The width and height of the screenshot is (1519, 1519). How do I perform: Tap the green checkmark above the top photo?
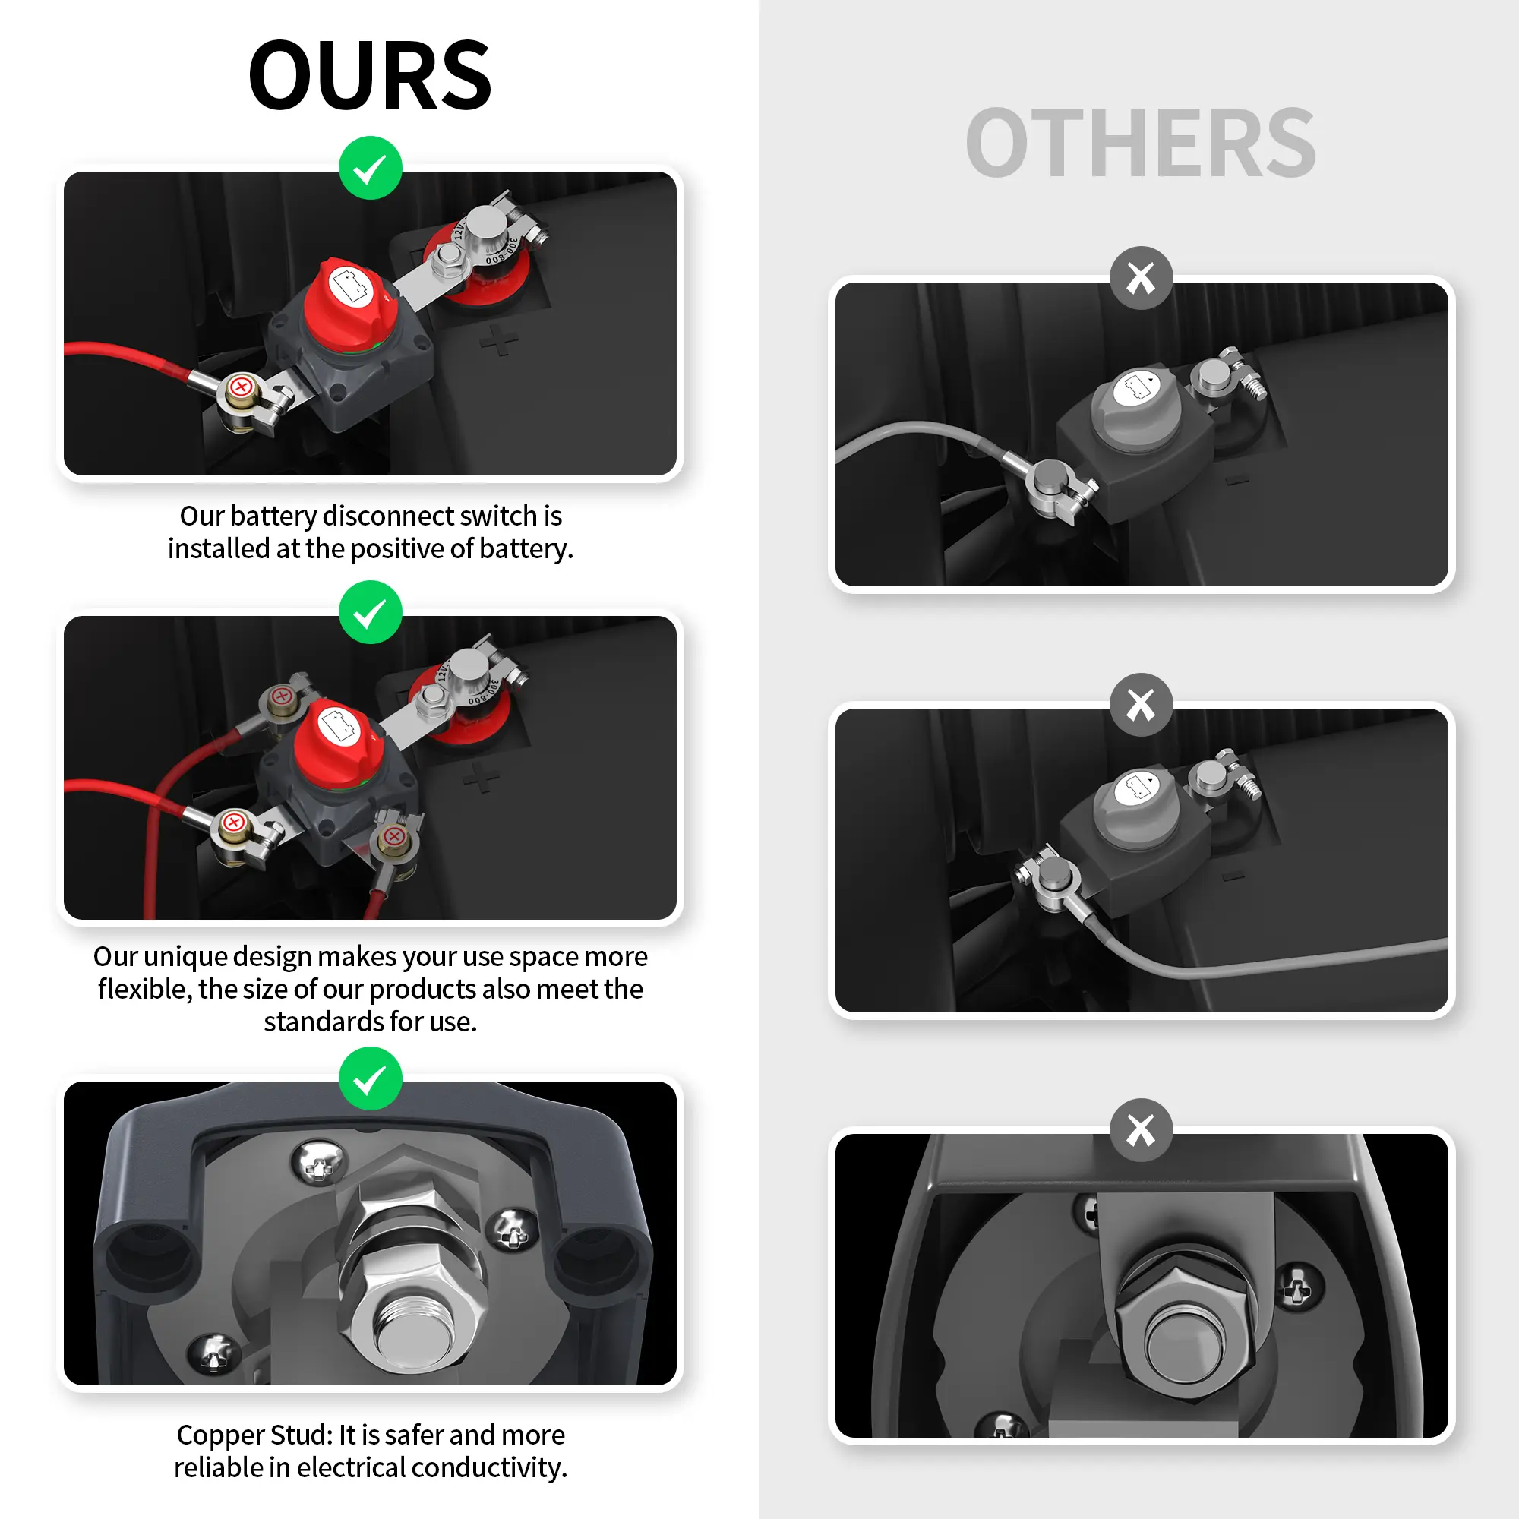(371, 167)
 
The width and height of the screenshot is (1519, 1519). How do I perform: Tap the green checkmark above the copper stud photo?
(371, 1078)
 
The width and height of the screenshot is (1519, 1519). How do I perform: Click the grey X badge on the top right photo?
(1141, 277)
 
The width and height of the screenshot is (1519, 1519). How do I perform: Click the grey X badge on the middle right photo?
(1141, 705)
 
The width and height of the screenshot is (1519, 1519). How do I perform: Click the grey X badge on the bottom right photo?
(1141, 1130)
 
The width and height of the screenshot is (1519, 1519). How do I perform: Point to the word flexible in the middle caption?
(143, 989)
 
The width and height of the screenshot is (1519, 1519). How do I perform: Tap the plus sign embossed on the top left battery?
(499, 340)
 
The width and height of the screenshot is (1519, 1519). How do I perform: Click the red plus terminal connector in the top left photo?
(242, 387)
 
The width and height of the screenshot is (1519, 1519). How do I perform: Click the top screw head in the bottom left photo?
(318, 1161)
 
